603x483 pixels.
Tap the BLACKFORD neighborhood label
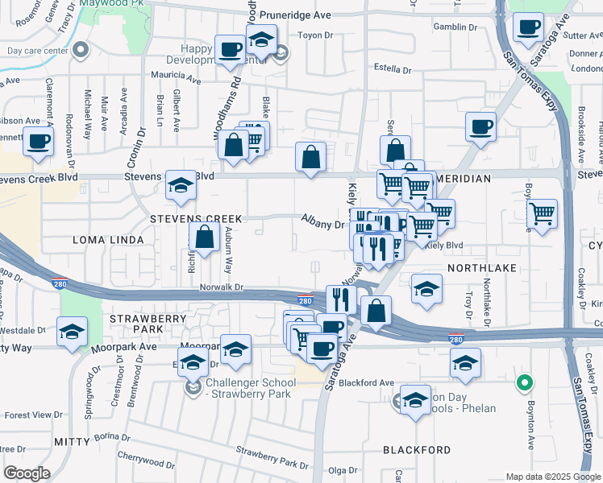pyautogui.click(x=417, y=449)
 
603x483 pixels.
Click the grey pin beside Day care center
pyautogui.click(x=81, y=50)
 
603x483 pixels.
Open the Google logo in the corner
pyautogui.click(x=27, y=473)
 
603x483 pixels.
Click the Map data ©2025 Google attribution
pyautogui.click(x=552, y=477)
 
